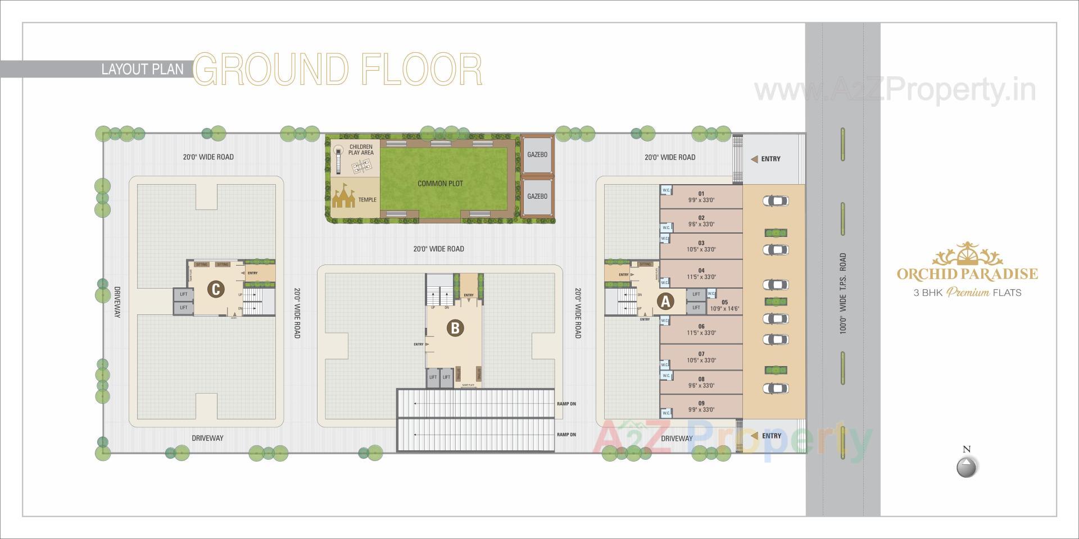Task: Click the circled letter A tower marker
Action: tap(666, 302)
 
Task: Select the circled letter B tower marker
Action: tap(455, 328)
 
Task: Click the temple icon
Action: tap(344, 198)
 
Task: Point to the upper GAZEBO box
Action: tap(537, 154)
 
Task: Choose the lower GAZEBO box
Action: tap(537, 196)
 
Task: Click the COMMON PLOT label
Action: tap(440, 184)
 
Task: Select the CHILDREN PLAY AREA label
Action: tap(361, 149)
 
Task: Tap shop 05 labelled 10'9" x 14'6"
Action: tap(724, 305)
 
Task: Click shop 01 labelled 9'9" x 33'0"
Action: tap(701, 197)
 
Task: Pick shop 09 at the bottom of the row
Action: tap(701, 406)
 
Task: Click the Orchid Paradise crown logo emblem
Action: tap(967, 255)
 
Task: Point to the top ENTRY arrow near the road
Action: tap(755, 159)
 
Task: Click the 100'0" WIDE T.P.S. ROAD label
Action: tap(842, 293)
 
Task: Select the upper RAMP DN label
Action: tap(566, 404)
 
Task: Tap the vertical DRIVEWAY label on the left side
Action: tap(117, 302)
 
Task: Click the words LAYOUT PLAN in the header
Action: tap(142, 69)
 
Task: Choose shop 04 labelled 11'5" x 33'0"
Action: tap(701, 273)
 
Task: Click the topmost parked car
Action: tap(776, 200)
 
